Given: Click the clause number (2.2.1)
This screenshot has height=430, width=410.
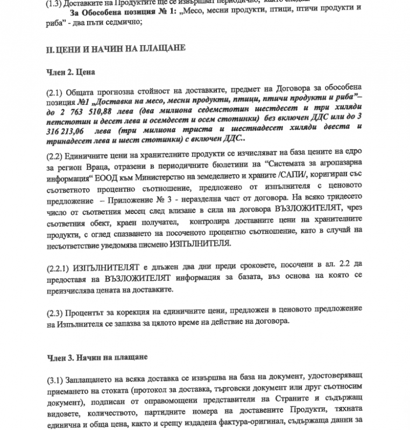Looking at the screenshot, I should (60, 267).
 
